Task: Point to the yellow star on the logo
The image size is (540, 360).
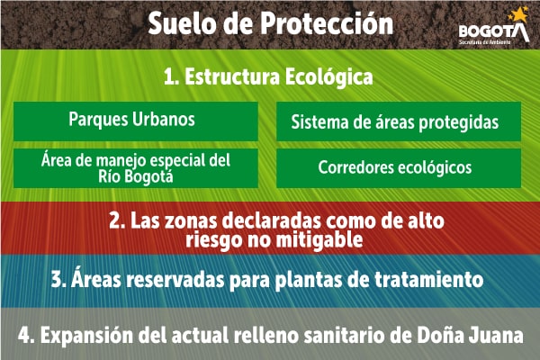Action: (x=518, y=14)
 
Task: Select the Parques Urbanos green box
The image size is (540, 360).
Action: (x=132, y=119)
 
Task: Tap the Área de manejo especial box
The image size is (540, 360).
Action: (x=136, y=167)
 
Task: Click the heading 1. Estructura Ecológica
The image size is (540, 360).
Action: (x=268, y=77)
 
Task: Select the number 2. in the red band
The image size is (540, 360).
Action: (x=115, y=220)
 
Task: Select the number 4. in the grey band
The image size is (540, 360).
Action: (x=27, y=335)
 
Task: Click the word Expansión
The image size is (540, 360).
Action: (x=85, y=335)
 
